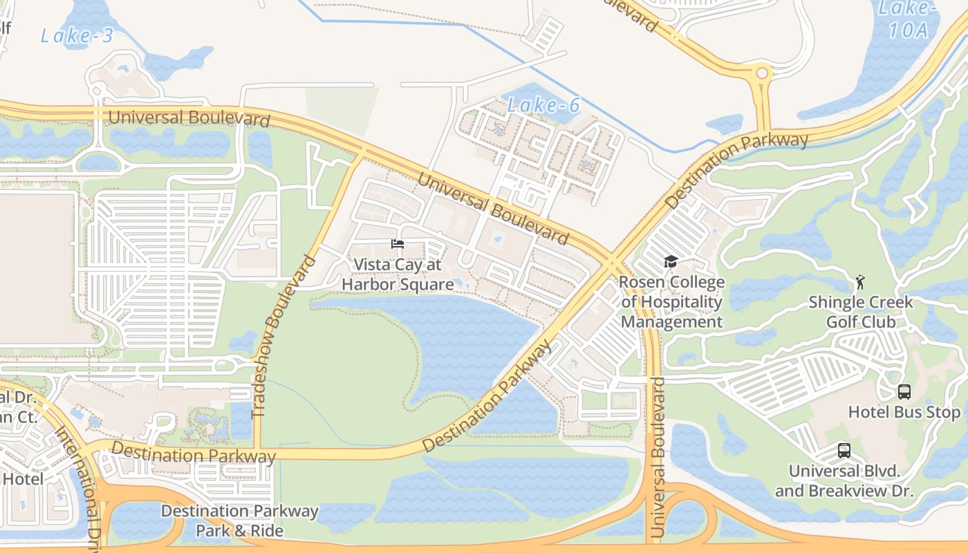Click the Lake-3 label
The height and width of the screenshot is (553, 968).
point(76,36)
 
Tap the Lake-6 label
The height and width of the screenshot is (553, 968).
point(543,106)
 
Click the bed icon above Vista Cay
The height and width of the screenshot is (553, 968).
point(398,244)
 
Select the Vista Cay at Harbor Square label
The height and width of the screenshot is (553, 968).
point(398,274)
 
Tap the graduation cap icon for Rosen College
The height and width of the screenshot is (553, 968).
point(671,261)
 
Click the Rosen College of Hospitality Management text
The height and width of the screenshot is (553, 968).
point(671,302)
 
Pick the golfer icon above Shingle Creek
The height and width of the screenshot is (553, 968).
point(860,282)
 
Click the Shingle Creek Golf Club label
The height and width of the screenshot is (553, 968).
point(861,312)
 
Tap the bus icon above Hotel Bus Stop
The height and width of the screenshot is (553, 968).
point(904,392)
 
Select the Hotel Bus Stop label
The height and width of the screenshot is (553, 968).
point(904,413)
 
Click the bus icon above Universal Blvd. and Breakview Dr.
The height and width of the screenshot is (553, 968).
point(844,451)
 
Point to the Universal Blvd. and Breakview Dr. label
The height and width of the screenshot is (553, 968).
point(844,481)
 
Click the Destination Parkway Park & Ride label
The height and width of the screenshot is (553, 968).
point(240,521)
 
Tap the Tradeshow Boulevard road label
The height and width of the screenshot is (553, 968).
point(283,337)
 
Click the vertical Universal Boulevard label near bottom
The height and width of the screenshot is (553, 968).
point(658,458)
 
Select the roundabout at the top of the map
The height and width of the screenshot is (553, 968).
point(762,73)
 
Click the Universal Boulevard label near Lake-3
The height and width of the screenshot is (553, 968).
point(189,118)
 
